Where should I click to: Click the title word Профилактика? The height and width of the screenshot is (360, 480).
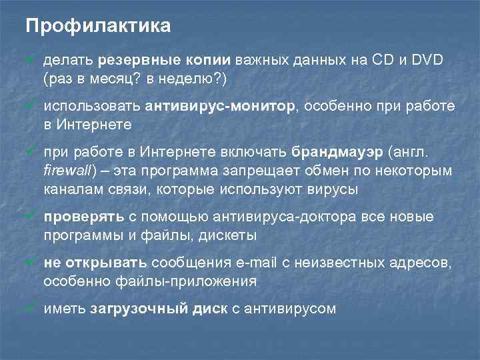click(x=98, y=26)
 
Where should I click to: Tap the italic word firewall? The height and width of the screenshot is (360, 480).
click(x=66, y=171)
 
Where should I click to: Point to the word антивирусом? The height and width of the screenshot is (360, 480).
click(x=291, y=308)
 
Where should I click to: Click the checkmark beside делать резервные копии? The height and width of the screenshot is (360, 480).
click(x=31, y=61)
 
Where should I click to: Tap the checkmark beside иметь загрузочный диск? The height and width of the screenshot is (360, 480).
click(x=31, y=307)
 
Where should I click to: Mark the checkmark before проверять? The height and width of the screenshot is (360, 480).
click(x=31, y=217)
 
